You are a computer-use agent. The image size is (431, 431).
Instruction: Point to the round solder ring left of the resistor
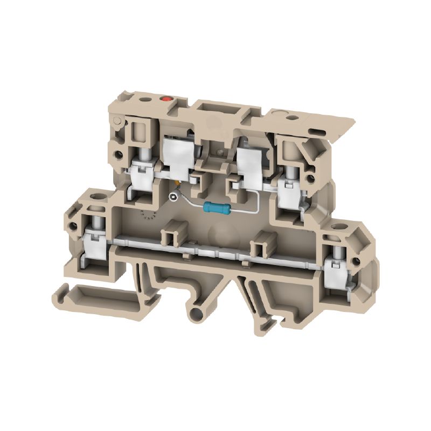[x=173, y=197]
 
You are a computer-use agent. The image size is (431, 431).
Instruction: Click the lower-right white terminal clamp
[x=337, y=272]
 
